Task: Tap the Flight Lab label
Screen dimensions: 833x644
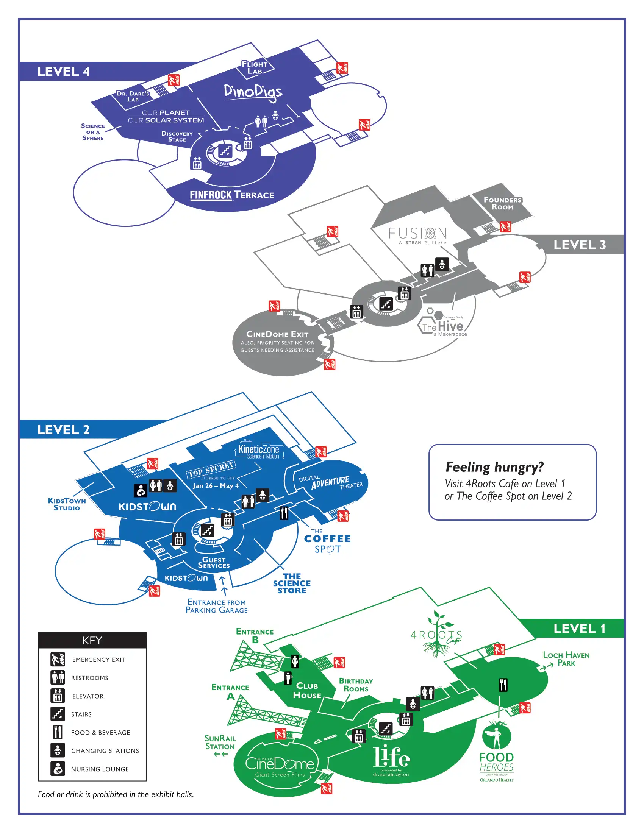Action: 255,67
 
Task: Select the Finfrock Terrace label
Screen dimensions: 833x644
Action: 232,195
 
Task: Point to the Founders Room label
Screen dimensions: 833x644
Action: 502,203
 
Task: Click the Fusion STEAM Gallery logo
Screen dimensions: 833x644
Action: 418,236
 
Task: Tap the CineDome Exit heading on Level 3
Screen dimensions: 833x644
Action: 277,334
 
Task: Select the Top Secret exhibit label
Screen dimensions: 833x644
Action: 211,469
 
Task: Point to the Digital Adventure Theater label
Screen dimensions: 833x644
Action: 330,482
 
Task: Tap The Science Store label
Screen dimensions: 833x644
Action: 292,583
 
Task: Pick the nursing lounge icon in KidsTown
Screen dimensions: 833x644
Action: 141,490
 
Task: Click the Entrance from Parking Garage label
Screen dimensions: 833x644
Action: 217,606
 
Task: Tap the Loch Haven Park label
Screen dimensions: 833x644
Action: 566,659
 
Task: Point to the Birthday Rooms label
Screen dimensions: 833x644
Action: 356,685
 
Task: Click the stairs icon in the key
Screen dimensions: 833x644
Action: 58,714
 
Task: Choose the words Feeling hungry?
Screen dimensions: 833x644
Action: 494,467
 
